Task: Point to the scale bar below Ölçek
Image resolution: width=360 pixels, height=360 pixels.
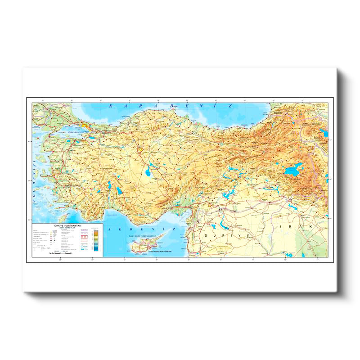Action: tap(59, 254)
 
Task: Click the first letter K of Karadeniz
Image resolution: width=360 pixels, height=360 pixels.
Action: tap(111, 106)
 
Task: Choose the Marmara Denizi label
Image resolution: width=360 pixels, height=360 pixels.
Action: tap(72, 132)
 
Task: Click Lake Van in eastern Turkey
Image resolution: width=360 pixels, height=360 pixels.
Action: tap(292, 170)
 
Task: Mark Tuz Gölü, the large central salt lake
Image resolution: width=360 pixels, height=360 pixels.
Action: tap(148, 171)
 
